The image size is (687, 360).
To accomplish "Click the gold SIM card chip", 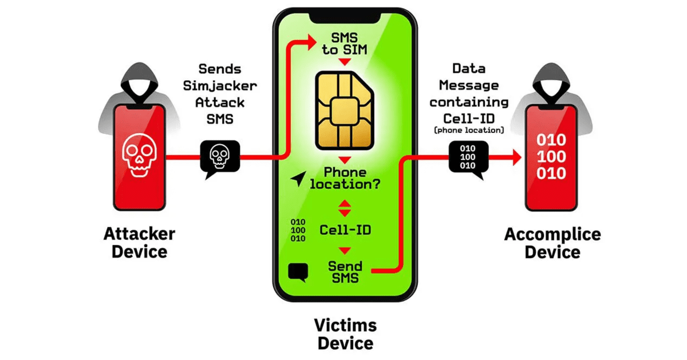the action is (345, 110).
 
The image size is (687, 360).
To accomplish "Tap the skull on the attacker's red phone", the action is (139, 155).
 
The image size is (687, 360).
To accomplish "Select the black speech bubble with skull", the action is (220, 158).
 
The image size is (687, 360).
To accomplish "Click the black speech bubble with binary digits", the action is (468, 159).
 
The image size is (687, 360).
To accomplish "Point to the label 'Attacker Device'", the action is (140, 243).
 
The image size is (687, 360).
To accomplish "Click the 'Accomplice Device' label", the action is (552, 243).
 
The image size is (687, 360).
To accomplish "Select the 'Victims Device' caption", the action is (345, 334).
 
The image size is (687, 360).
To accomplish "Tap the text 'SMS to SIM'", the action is (345, 44).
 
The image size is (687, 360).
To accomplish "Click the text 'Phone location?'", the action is (345, 178).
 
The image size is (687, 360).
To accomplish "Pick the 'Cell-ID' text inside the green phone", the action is (345, 230).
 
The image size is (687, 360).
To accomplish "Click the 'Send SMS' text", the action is (345, 272).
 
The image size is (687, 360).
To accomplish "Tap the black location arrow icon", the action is (298, 178).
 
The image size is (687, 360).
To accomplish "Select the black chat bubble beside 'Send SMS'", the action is (298, 272).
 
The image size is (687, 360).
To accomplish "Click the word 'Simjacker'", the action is (220, 86).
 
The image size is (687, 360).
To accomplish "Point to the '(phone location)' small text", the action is (469, 130).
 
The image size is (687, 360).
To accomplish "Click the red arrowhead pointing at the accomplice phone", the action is (517, 157).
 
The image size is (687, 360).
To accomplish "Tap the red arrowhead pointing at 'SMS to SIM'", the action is (312, 42).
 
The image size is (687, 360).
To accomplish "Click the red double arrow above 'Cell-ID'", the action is (345, 208).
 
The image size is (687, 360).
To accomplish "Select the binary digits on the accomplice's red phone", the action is (551, 157).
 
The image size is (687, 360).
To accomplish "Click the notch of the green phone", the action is (345, 18).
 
